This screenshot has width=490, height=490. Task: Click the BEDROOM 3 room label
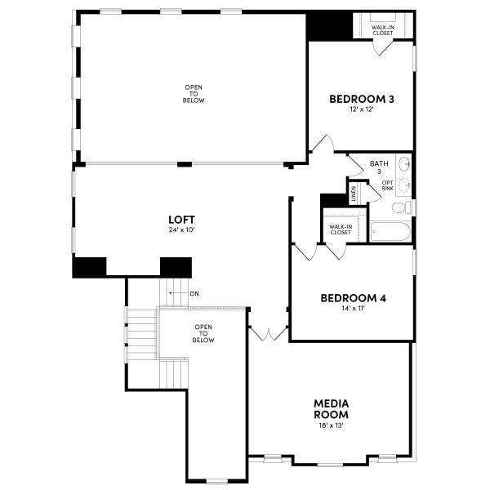pyautogui.click(x=362, y=99)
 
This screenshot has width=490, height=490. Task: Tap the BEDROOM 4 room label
pyautogui.click(x=353, y=298)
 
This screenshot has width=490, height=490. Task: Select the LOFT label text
pyautogui.click(x=181, y=219)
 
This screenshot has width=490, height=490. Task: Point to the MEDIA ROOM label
pyautogui.click(x=332, y=408)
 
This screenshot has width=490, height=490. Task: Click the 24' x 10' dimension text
pyautogui.click(x=181, y=229)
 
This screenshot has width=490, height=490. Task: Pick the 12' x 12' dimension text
pyautogui.click(x=362, y=109)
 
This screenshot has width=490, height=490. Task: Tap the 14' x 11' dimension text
pyautogui.click(x=353, y=309)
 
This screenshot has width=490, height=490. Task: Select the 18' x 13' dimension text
pyautogui.click(x=332, y=425)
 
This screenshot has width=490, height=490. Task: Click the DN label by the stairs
pyautogui.click(x=193, y=294)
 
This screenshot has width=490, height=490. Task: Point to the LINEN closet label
pyautogui.click(x=354, y=194)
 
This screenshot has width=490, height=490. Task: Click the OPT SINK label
pyautogui.click(x=387, y=185)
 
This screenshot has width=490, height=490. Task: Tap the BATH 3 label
pyautogui.click(x=379, y=167)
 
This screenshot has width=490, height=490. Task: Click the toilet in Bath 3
pyautogui.click(x=401, y=207)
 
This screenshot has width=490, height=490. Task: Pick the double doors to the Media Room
pyautogui.click(x=268, y=333)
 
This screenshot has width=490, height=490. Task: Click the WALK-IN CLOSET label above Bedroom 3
pyautogui.click(x=383, y=30)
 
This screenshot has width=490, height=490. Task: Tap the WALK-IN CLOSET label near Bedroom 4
pyautogui.click(x=341, y=229)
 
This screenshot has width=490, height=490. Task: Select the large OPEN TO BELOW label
pyautogui.click(x=194, y=94)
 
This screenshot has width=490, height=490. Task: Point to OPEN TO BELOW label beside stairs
pyautogui.click(x=204, y=333)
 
